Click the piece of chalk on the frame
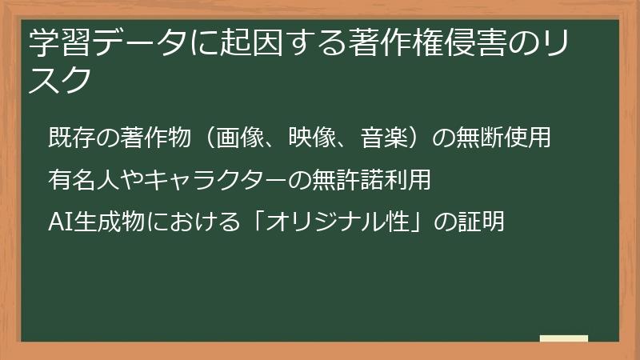564,338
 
